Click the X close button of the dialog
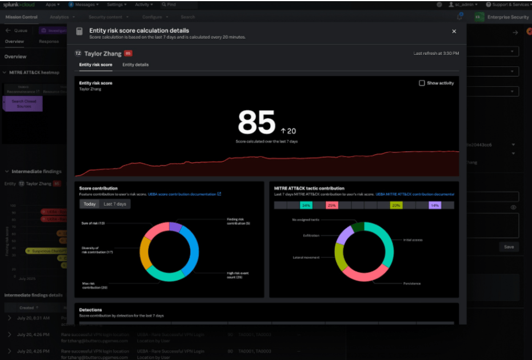point(454,31)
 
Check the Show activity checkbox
point(422,83)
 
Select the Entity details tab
point(135,65)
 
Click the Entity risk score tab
point(95,65)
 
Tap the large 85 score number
point(256,122)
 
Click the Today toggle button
point(89,204)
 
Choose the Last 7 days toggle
point(115,204)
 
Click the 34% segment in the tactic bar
point(306,205)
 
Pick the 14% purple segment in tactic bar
point(435,205)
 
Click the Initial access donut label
point(412,240)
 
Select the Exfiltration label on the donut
point(311,235)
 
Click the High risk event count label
point(238,275)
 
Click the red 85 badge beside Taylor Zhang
point(128,53)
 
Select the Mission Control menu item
point(21,17)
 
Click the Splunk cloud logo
point(19,5)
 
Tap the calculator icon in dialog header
point(79,32)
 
